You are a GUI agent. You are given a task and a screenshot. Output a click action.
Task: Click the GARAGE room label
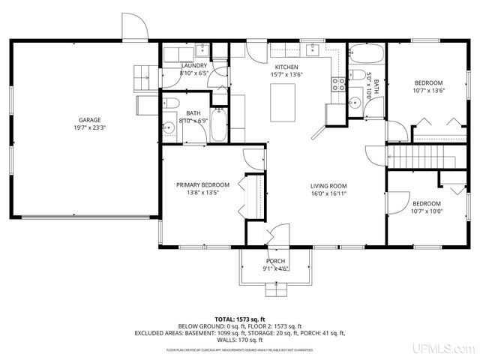(89, 120)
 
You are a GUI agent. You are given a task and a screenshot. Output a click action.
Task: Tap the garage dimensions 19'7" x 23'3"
(89, 128)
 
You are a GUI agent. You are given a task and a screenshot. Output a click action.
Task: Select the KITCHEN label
(286, 66)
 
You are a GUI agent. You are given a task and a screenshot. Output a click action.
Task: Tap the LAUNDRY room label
(194, 66)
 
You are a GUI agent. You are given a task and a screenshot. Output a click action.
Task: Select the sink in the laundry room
(202, 50)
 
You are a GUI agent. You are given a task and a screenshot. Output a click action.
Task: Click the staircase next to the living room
(421, 157)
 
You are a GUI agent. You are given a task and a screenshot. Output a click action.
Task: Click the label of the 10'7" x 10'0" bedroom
(427, 203)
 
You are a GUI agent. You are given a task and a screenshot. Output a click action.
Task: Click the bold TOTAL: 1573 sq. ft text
(239, 319)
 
